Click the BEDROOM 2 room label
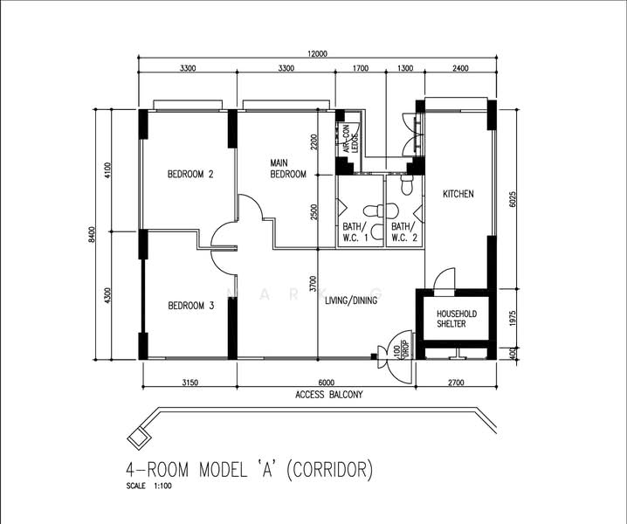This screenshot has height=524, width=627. (x=190, y=174)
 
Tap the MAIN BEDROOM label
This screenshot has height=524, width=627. (x=288, y=169)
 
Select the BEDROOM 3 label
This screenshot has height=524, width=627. (x=190, y=306)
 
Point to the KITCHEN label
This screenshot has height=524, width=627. (x=458, y=194)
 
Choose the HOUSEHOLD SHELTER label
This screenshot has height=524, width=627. (x=451, y=319)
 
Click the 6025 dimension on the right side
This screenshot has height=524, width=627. (x=513, y=198)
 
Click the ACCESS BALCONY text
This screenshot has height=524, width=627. (x=328, y=395)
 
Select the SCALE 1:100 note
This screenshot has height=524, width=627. (x=149, y=486)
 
